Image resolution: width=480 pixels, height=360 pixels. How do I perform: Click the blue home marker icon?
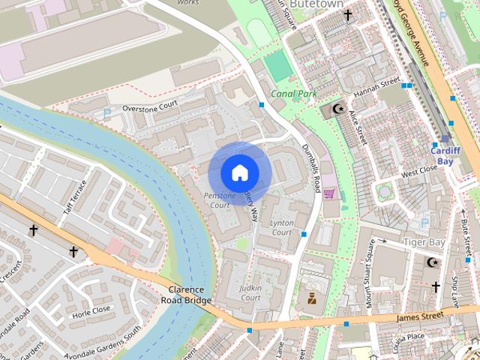tap(239, 172)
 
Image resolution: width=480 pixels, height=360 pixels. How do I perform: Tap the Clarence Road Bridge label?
tap(187, 295)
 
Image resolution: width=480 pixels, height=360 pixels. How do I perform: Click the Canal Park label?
tap(294, 94)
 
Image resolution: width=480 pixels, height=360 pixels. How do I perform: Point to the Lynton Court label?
tap(282, 228)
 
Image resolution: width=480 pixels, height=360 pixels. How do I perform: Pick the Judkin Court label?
tap(250, 292)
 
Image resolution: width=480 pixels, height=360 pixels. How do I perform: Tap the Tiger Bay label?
tap(424, 242)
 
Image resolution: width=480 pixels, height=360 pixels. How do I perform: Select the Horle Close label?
tap(91, 309)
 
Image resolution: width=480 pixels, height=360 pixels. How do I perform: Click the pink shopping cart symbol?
tap(328, 193)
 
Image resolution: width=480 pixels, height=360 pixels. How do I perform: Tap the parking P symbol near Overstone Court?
tap(106, 113)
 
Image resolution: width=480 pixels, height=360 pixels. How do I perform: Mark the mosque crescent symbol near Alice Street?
tap(338, 109)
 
